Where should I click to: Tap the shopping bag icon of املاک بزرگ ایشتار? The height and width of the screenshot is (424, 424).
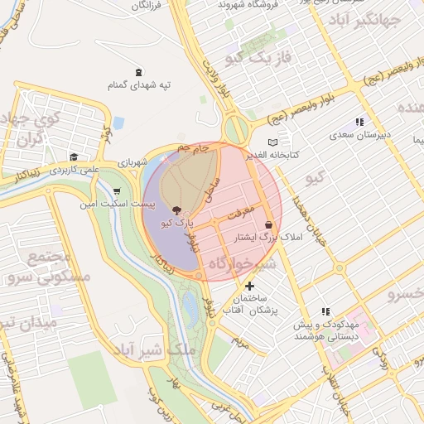click(268, 224)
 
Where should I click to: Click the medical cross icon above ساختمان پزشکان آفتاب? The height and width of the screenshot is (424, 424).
click(249, 286)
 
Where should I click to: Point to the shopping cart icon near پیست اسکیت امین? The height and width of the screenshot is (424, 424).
click(116, 191)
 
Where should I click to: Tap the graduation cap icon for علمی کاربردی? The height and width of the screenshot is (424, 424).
click(74, 157)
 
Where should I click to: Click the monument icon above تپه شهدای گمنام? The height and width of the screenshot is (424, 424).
click(137, 72)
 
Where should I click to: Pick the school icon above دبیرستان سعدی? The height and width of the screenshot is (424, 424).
click(359, 122)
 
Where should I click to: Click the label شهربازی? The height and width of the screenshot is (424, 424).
click(131, 163)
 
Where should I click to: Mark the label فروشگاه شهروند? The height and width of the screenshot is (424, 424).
click(244, 4)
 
